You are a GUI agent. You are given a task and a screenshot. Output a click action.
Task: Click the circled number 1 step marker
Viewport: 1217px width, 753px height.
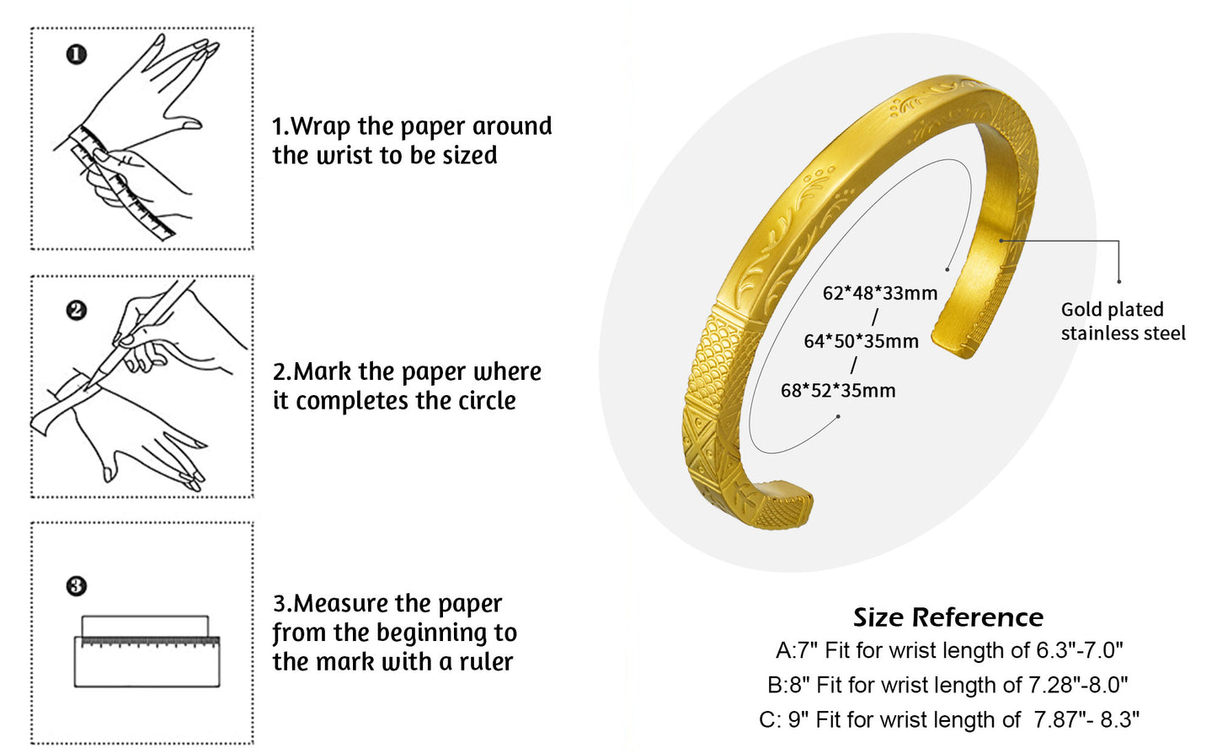click(x=76, y=55)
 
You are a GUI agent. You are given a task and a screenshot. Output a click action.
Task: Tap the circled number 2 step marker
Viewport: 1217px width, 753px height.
click(x=76, y=310)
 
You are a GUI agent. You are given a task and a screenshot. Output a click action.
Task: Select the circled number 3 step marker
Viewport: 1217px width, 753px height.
click(x=76, y=585)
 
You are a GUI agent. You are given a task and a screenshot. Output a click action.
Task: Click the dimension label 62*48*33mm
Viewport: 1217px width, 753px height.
click(x=879, y=293)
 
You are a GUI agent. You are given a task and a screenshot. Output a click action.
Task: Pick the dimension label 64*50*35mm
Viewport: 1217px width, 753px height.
click(x=861, y=341)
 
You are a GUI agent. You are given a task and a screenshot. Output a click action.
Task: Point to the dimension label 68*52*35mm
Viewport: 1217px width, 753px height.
click(x=838, y=390)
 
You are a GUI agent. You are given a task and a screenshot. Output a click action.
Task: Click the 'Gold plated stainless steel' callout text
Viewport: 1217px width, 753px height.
click(x=1122, y=321)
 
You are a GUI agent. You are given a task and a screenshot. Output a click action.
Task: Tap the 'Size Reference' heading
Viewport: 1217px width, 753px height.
click(x=948, y=617)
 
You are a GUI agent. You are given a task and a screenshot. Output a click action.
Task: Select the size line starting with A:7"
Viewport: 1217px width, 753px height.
click(x=949, y=650)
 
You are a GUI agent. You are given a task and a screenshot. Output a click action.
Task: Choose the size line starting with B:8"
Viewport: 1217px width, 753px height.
click(x=947, y=685)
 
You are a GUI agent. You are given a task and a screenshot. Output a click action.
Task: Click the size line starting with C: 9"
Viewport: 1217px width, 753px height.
click(x=949, y=719)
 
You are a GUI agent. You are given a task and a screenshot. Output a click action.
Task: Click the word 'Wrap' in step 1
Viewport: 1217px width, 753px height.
click(x=320, y=126)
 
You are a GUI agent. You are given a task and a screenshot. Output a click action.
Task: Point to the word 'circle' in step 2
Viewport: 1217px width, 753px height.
click(x=487, y=401)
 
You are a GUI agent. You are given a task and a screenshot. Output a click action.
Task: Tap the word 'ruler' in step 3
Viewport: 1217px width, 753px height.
click(x=486, y=662)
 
